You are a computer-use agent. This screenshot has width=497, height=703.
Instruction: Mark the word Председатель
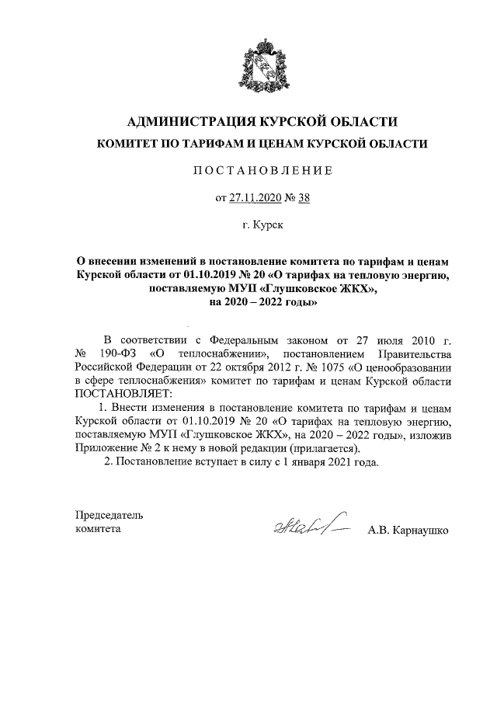click(x=109, y=515)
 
